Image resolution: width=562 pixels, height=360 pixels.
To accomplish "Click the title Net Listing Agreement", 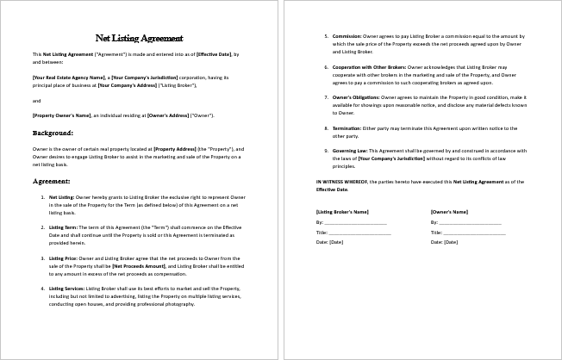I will [140, 38].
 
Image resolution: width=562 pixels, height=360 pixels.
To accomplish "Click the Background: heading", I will [53, 133].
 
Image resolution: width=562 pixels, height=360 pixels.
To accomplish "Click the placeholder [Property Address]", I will [179, 149].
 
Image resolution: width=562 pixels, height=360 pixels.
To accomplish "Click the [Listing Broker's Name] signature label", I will [343, 212].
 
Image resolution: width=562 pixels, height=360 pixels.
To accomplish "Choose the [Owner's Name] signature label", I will [450, 212].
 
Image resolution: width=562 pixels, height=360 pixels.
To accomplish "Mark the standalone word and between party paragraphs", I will [36, 100].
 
